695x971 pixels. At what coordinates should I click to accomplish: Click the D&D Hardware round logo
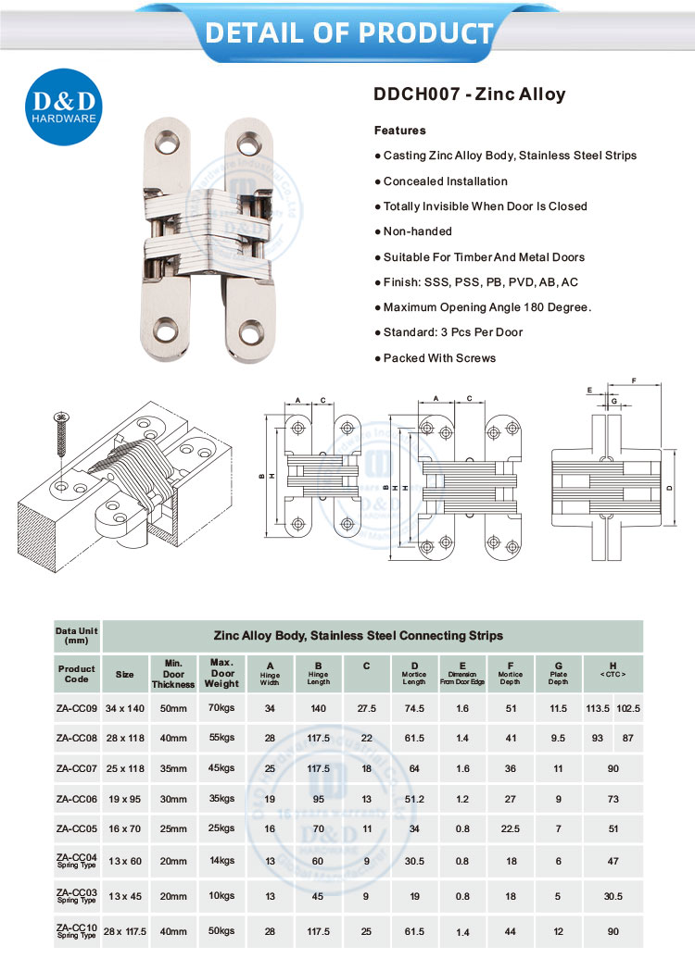click(x=62, y=107)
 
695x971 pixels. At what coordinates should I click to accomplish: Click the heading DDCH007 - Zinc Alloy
click(x=469, y=94)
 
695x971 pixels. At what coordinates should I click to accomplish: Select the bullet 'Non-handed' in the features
click(x=417, y=231)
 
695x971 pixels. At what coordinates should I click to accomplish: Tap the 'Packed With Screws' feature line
click(x=439, y=358)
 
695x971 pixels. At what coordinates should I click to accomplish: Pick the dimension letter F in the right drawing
click(x=633, y=380)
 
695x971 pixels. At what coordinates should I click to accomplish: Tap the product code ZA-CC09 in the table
click(x=76, y=708)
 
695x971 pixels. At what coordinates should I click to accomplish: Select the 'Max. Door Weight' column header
click(x=222, y=673)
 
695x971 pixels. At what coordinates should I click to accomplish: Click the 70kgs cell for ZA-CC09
click(x=222, y=708)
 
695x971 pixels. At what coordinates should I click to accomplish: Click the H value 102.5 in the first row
click(x=628, y=708)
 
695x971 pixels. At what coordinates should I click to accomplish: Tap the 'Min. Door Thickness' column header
click(x=173, y=673)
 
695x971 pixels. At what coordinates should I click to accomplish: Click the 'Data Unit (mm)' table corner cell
click(x=76, y=635)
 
